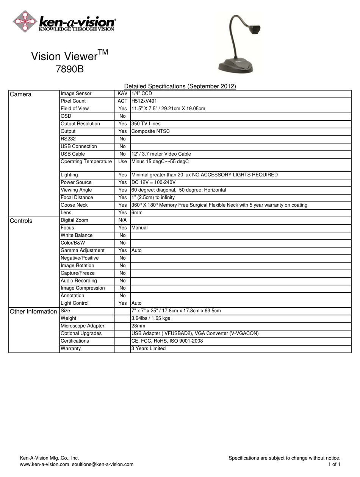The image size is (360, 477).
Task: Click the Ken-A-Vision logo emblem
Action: coord(25,21)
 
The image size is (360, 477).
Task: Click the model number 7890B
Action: coord(70,70)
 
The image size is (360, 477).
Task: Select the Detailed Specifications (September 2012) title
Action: coord(180,86)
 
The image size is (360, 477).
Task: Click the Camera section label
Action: coord(20,94)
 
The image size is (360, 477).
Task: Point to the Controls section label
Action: coord(21,221)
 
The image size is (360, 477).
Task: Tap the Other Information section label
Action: coord(33,312)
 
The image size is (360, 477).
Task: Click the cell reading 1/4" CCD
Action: coord(142,94)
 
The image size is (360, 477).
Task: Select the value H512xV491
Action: coord(144,101)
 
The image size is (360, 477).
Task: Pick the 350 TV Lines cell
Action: coord(146,124)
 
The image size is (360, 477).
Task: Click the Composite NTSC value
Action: coord(150,131)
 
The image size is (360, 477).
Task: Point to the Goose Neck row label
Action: coord(74,205)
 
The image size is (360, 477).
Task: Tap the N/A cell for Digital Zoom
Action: coord(122,220)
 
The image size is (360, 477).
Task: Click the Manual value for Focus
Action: coord(139,228)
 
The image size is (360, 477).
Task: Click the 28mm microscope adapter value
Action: coord(138,326)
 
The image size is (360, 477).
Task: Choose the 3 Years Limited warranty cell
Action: coord(149,349)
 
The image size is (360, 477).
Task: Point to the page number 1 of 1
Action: coord(334,465)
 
